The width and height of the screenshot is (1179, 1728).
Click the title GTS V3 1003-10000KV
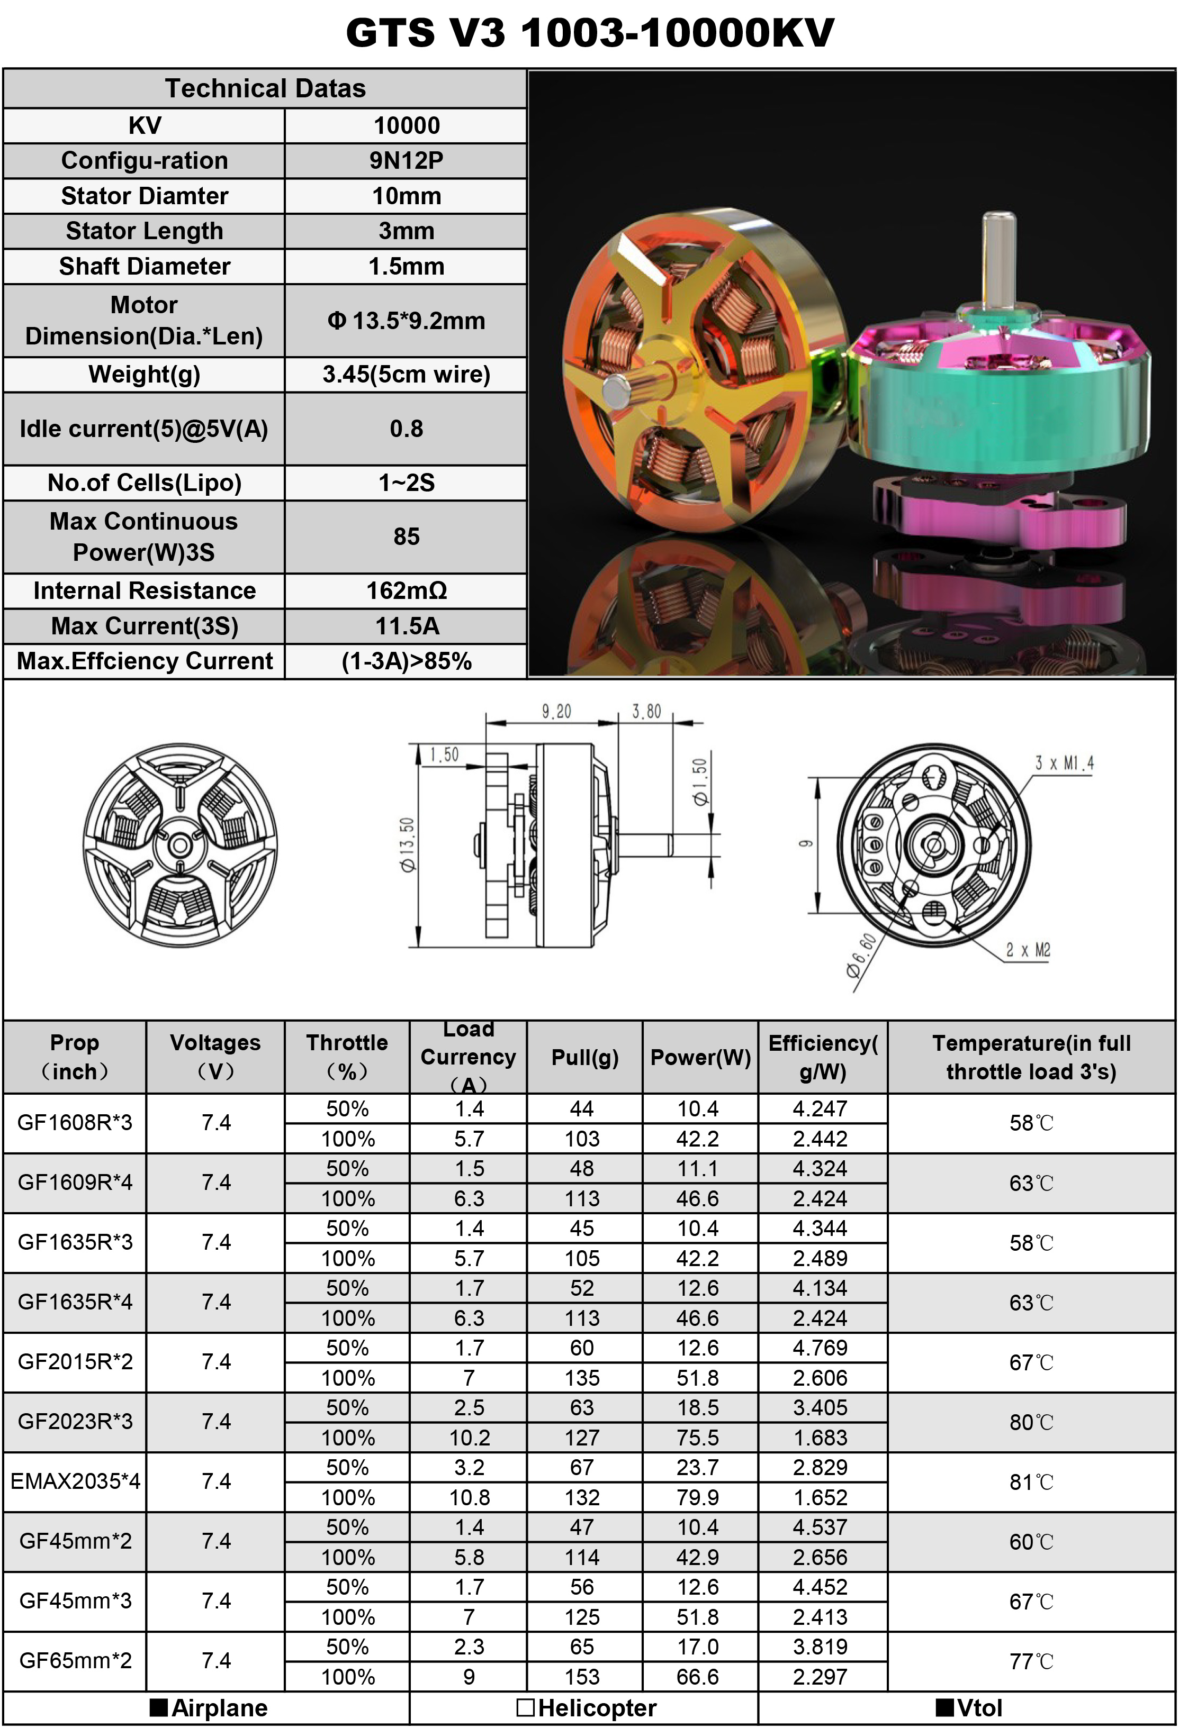[x=590, y=33]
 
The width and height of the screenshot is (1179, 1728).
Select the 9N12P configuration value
[x=406, y=161]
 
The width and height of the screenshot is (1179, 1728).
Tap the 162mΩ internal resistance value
[x=406, y=590]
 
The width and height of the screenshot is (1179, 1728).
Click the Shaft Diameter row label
[x=145, y=266]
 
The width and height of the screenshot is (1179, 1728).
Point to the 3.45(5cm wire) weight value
[x=406, y=374]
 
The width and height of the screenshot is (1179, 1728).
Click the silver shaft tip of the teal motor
[x=999, y=223]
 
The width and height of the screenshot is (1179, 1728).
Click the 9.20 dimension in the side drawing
[x=556, y=712]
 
